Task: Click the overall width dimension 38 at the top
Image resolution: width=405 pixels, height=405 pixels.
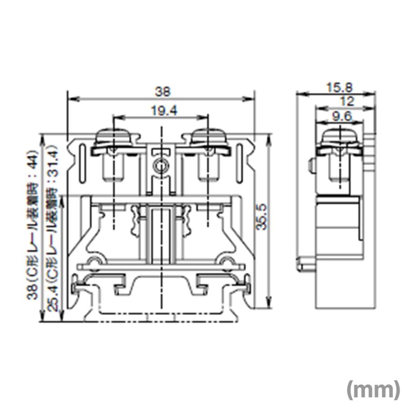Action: point(162,92)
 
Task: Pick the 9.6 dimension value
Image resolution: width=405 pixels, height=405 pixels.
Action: point(342,117)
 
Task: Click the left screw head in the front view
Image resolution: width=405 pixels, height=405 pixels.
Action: point(115,138)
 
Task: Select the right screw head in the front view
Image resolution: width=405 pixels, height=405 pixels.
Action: point(208,138)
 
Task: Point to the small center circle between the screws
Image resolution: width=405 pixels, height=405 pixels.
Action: point(161,166)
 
